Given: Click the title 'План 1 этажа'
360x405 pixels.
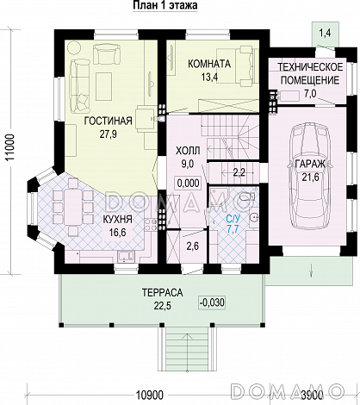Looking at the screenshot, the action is click(x=165, y=5).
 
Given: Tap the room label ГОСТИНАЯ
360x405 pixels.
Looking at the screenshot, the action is click(x=109, y=121).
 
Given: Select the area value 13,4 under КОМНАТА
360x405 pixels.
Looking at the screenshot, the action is click(x=209, y=77).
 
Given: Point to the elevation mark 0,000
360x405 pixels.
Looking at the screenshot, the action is click(x=189, y=183).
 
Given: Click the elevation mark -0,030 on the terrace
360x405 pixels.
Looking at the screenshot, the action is click(x=212, y=302).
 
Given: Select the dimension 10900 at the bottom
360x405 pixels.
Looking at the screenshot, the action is click(x=149, y=395).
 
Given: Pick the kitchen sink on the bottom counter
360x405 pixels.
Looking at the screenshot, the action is click(x=126, y=256).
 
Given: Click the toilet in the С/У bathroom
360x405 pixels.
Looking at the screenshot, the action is click(x=247, y=197).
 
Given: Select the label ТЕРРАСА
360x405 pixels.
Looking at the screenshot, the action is click(x=163, y=293).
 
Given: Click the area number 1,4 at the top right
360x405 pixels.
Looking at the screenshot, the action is click(x=325, y=33).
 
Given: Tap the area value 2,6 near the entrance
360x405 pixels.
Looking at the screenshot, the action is click(x=193, y=246).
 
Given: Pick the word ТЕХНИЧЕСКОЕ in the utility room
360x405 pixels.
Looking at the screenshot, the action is click(x=310, y=67).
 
